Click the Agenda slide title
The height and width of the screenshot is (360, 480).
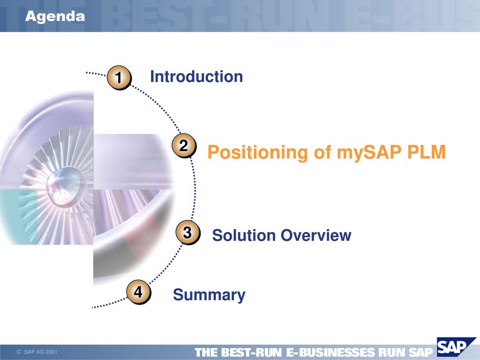[55, 16]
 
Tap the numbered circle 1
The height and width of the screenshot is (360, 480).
[119, 77]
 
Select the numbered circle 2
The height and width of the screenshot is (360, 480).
[184, 146]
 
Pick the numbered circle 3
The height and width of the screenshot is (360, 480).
[187, 232]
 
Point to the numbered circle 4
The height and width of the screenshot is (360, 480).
[139, 292]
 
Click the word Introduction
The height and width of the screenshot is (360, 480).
[196, 76]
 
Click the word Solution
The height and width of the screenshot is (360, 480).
[244, 235]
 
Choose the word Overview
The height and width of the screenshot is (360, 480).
[316, 235]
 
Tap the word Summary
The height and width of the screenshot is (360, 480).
[209, 295]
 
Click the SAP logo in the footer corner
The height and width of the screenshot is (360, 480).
[456, 347]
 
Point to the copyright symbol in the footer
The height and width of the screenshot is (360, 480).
[19, 352]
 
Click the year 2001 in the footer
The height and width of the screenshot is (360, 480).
[52, 352]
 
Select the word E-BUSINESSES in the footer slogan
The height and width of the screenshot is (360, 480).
[330, 352]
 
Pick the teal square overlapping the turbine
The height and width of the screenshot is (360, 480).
[19, 217]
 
